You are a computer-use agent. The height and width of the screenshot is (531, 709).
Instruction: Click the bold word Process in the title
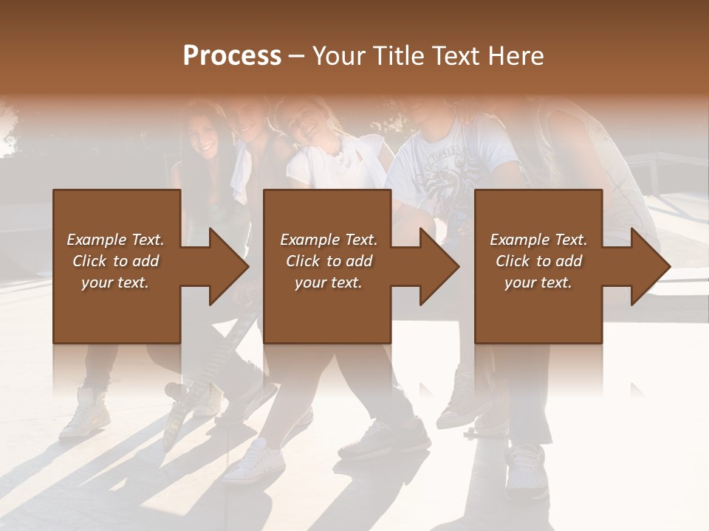[x=232, y=56]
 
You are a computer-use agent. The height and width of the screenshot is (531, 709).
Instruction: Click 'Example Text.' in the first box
[x=115, y=240]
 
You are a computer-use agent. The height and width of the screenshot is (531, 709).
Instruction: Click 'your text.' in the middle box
[x=329, y=282]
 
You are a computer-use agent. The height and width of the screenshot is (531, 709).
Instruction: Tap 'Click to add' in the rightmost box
[x=538, y=261]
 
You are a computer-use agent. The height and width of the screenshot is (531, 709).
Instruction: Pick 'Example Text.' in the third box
[x=538, y=240]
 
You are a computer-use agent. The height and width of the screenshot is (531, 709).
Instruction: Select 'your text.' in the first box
[x=115, y=282]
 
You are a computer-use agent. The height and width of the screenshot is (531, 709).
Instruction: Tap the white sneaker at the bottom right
[x=527, y=469]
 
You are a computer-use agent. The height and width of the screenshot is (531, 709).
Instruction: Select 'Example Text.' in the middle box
[x=329, y=240]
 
